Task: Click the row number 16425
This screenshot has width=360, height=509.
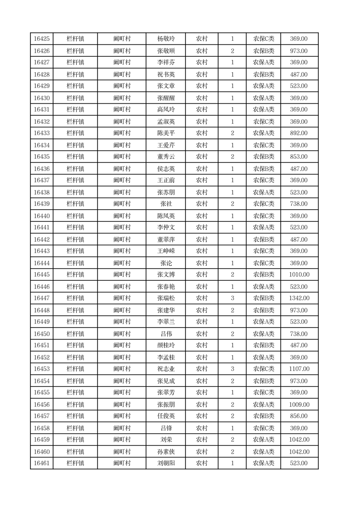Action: (x=42, y=39)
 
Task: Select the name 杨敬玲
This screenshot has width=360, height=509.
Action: (x=165, y=39)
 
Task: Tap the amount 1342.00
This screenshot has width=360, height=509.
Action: (x=299, y=298)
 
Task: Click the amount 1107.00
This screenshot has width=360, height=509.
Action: (x=299, y=369)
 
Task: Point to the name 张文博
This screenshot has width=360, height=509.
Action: (x=165, y=274)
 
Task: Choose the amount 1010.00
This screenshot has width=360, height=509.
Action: (x=299, y=274)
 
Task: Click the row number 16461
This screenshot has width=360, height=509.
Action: (x=42, y=463)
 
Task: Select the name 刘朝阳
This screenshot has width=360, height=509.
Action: (x=165, y=463)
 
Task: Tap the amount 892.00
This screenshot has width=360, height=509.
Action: (x=299, y=133)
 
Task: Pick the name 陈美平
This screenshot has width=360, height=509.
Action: (x=165, y=133)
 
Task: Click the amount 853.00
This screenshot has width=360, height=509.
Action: (x=299, y=157)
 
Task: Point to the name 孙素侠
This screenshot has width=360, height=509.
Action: (x=165, y=451)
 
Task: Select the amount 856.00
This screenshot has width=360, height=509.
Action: (x=299, y=416)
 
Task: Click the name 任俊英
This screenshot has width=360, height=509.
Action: (x=165, y=416)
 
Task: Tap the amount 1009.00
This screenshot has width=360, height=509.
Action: (x=299, y=404)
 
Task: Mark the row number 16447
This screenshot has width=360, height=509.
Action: (x=42, y=298)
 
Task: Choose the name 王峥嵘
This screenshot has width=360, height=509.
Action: (x=165, y=251)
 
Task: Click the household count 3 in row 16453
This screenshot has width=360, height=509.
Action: (x=232, y=369)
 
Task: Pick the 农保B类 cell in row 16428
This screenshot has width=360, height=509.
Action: (x=263, y=74)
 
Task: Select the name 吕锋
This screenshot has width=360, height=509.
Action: (x=165, y=428)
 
